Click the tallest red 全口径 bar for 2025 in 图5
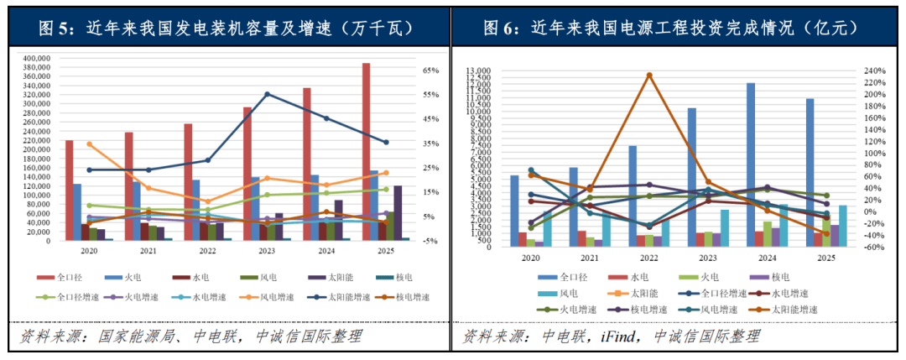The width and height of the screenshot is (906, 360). pyautogui.click(x=366, y=151)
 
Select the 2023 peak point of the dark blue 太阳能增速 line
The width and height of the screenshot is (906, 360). pyautogui.click(x=268, y=94)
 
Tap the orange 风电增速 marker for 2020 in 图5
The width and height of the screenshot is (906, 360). pyautogui.click(x=90, y=143)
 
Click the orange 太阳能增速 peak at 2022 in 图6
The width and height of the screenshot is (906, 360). pyautogui.click(x=648, y=75)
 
